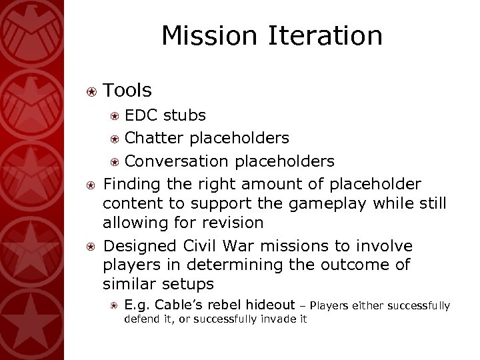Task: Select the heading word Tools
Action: (127, 90)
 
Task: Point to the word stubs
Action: (185, 116)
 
